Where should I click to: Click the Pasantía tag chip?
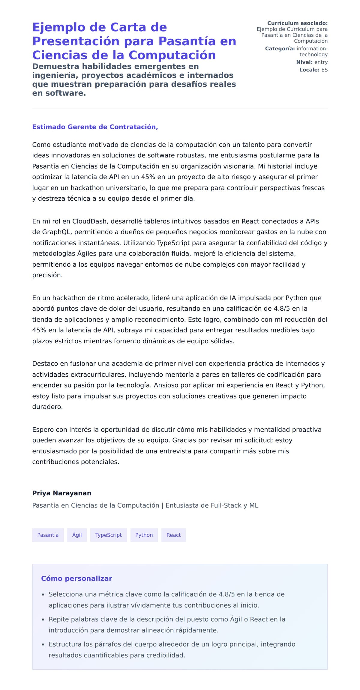click(x=48, y=535)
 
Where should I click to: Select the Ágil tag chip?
click(x=77, y=535)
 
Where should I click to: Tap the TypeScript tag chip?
click(x=108, y=535)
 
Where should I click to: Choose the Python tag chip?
click(x=144, y=535)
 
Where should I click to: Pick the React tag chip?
click(x=173, y=535)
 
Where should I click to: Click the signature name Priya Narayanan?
click(x=62, y=493)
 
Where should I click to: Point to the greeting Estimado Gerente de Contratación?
click(x=95, y=127)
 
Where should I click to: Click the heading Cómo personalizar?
click(x=76, y=578)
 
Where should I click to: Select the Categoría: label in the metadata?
click(x=280, y=49)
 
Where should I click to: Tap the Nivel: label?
click(x=304, y=62)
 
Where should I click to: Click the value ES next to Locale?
click(x=324, y=70)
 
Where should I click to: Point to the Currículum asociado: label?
click(x=297, y=23)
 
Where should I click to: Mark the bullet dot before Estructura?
click(x=43, y=644)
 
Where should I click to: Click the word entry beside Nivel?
click(x=321, y=62)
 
